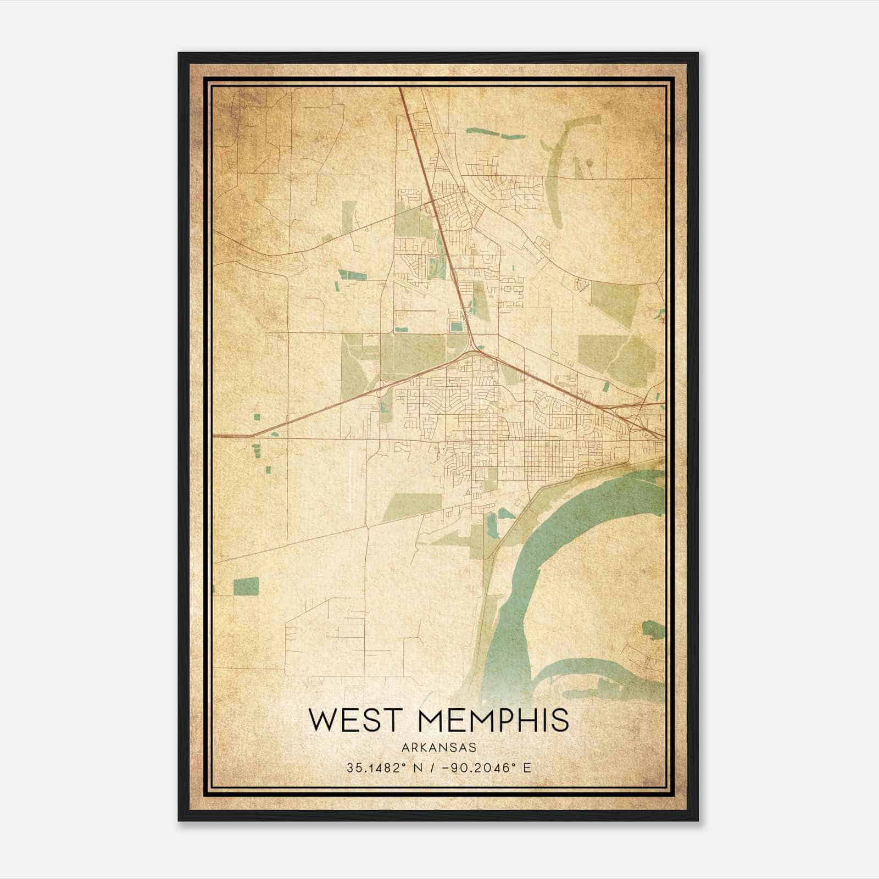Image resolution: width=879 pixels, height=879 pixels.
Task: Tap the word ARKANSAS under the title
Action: [x=438, y=748]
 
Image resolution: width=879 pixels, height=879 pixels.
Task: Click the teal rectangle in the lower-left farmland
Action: [x=246, y=586]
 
